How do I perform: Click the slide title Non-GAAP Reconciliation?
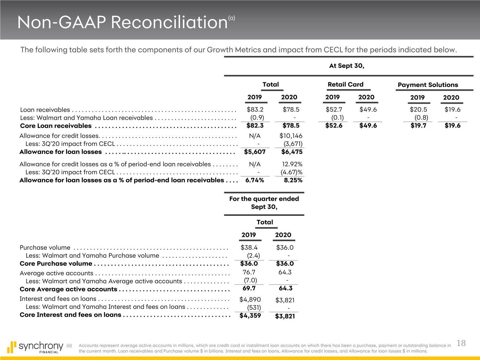pyautogui.click(x=122, y=23)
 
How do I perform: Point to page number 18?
pyautogui.click(x=461, y=343)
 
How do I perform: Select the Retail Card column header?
pyautogui.click(x=345, y=84)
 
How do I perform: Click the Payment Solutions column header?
pyautogui.click(x=428, y=85)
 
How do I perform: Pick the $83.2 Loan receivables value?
pyautogui.click(x=255, y=109)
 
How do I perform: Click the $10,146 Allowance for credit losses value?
pyautogui.click(x=291, y=136)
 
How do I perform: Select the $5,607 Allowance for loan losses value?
pyautogui.click(x=255, y=152)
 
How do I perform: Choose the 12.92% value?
pyautogui.click(x=292, y=164)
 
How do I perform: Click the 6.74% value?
pyautogui.click(x=255, y=180)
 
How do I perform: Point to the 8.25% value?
pyautogui.click(x=293, y=180)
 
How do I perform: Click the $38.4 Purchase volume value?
pyautogui.click(x=249, y=247)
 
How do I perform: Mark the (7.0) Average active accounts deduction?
pyautogui.click(x=250, y=280)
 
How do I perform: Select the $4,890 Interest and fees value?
pyautogui.click(x=250, y=300)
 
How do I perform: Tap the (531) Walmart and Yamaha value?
pyautogui.click(x=254, y=308)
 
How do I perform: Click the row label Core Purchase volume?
pyautogui.click(x=56, y=264)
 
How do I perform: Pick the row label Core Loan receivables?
pyautogui.click(x=56, y=126)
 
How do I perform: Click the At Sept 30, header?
pyautogui.click(x=346, y=66)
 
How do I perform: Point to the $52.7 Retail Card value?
pyautogui.click(x=334, y=109)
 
